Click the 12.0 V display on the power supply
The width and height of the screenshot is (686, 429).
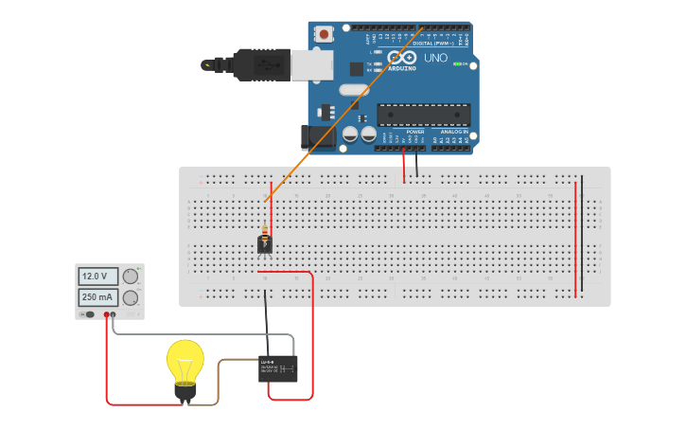pyautogui.click(x=97, y=277)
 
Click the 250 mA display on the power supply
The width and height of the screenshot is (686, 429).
pyautogui.click(x=97, y=297)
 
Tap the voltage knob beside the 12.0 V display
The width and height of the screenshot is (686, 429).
pyautogui.click(x=130, y=277)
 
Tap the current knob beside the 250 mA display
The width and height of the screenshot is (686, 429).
pyautogui.click(x=130, y=297)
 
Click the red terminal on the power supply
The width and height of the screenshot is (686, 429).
pyautogui.click(x=106, y=313)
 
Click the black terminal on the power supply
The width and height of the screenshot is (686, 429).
pyautogui.click(x=113, y=313)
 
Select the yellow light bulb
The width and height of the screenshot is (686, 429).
pyautogui.click(x=185, y=362)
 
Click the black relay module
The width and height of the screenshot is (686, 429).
pyautogui.click(x=278, y=368)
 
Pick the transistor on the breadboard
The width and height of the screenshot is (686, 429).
pyautogui.click(x=265, y=245)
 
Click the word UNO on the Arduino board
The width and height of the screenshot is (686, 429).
pyautogui.click(x=435, y=58)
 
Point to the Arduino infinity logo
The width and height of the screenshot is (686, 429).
pyautogui.click(x=402, y=59)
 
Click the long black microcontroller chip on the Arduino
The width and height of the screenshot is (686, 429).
pyautogui.click(x=424, y=115)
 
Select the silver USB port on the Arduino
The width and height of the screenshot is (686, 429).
pyautogui.click(x=311, y=64)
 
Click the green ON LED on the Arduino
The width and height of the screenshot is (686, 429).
pyautogui.click(x=457, y=64)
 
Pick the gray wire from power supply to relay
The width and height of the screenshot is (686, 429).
pyautogui.click(x=199, y=334)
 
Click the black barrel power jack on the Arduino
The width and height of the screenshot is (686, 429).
pyautogui.click(x=315, y=136)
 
